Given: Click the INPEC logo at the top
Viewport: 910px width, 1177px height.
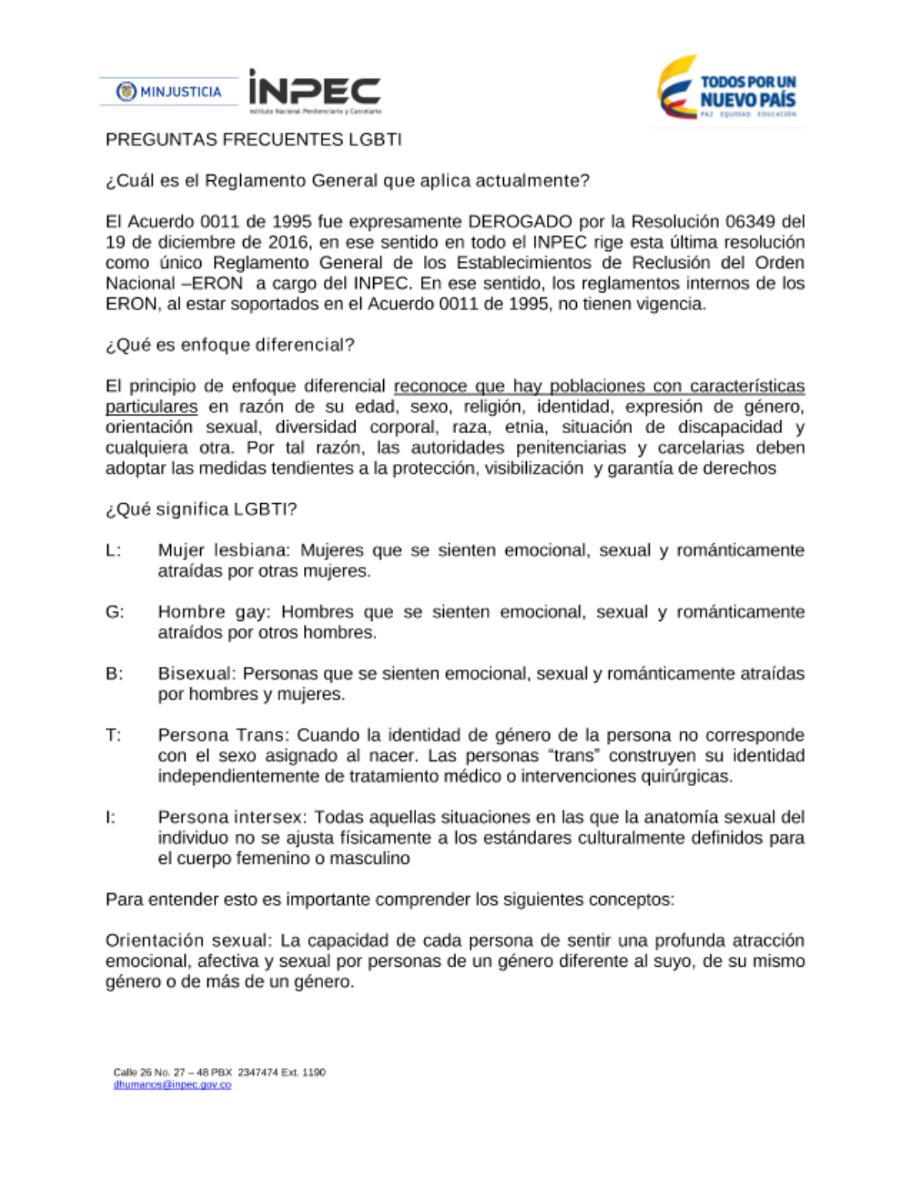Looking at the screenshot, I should coord(314,91).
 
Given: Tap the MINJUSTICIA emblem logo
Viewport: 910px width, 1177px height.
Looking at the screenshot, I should coord(169,92).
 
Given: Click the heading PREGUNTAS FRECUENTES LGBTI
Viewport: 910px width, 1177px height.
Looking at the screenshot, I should coord(253,140).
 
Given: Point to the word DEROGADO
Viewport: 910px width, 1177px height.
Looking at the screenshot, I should coord(521,222).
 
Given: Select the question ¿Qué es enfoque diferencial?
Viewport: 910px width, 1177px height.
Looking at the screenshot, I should coord(230,346).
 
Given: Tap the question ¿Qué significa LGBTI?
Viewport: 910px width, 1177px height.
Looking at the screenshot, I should coord(201,509).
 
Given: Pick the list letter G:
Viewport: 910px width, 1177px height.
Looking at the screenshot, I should coord(115,612).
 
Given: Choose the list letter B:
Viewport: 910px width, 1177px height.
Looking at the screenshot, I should coord(115,674).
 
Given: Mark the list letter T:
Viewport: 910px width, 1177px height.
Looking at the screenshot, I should coord(114,735).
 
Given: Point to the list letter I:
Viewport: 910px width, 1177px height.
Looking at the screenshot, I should coord(111,818).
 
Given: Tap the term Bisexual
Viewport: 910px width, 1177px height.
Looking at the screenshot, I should coord(197,674).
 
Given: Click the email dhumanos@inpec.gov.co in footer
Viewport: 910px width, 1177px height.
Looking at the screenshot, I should coord(172,1085).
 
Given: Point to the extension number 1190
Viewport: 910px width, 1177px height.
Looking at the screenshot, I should coord(313,1072).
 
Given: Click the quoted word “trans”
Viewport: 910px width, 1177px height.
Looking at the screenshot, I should coord(571,756).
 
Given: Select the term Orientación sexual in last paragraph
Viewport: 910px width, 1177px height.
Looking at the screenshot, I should coord(187,941).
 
